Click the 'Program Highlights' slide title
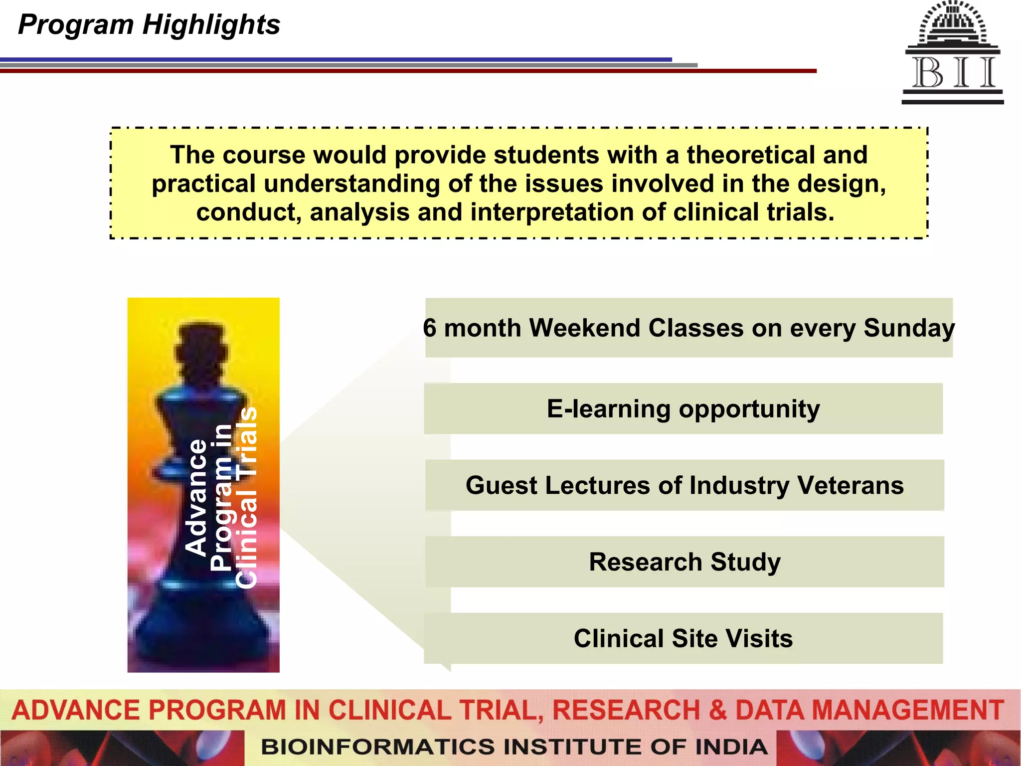[149, 25]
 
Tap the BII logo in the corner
[952, 53]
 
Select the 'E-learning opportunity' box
[683, 409]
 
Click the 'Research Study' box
[684, 562]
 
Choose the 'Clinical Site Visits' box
[683, 638]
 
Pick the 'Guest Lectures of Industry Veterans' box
[684, 485]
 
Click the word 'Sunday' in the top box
[909, 329]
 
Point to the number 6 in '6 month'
[430, 329]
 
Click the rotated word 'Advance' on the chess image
[196, 497]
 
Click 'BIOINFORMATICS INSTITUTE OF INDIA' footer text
[513, 747]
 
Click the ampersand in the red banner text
[717, 710]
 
